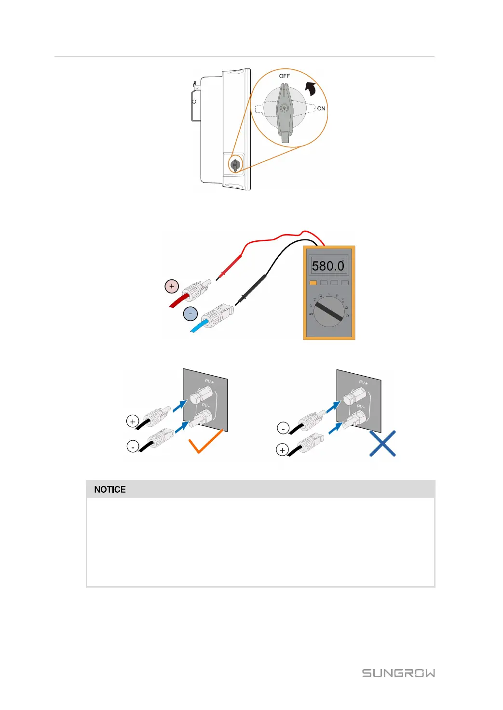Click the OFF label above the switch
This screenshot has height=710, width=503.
285,76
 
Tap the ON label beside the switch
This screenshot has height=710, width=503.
321,108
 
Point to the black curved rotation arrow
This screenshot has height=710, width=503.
311,89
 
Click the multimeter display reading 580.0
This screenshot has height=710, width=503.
328,266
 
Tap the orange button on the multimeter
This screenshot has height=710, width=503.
313,283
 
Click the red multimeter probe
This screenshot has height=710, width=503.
230,268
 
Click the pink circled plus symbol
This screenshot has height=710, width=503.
171,286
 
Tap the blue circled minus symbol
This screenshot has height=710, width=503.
190,314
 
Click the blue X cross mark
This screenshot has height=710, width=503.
382,444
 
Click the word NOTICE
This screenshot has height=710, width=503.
110,489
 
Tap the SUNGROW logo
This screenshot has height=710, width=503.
398,673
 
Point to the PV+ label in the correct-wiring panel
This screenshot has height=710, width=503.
209,381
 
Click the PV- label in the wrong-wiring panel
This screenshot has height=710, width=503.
360,407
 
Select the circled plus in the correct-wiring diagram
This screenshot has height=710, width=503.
133,421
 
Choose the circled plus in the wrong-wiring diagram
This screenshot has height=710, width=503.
282,450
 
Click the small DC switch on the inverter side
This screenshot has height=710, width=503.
235,165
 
